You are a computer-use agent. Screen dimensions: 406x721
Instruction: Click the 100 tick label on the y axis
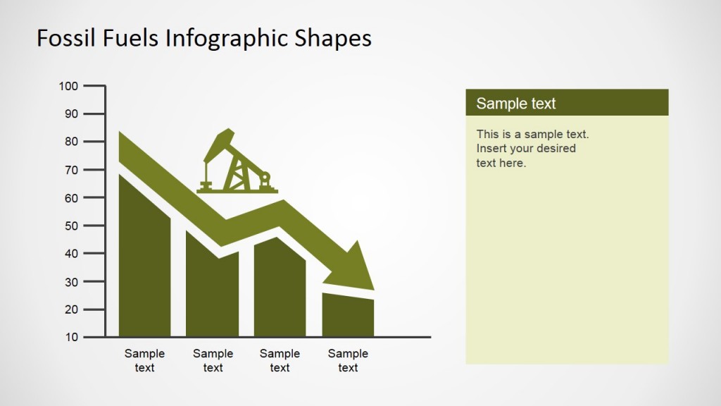pyautogui.click(x=68, y=86)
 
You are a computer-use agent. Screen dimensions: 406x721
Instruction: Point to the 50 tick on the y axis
pyautogui.click(x=71, y=226)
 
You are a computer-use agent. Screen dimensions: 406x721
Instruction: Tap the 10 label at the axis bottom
pyautogui.click(x=71, y=337)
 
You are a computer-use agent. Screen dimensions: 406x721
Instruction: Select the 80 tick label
pyautogui.click(x=71, y=142)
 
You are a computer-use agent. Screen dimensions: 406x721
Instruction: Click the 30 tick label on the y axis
pyautogui.click(x=71, y=281)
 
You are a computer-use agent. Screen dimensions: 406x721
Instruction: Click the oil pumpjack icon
pyautogui.click(x=236, y=164)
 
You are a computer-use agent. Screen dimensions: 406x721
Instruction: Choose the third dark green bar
pyautogui.click(x=280, y=293)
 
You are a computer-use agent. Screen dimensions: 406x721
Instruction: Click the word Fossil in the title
pyautogui.click(x=63, y=38)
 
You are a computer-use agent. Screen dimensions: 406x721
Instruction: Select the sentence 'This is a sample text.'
pyautogui.click(x=532, y=134)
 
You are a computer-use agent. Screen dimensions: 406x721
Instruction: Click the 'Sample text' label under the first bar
pyautogui.click(x=144, y=360)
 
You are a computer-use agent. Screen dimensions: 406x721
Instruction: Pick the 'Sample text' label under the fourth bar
pyautogui.click(x=348, y=360)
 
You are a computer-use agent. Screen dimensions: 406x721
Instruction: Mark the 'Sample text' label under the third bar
pyautogui.click(x=280, y=360)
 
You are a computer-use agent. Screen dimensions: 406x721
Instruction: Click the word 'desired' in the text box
pyautogui.click(x=556, y=149)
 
